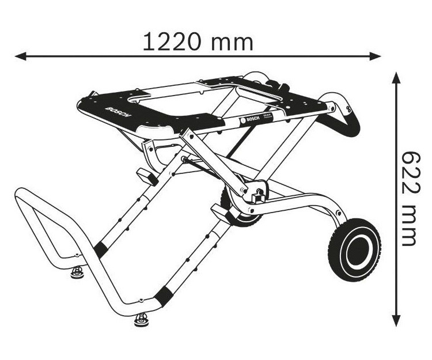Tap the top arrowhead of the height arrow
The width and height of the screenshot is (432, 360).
pos(396,77)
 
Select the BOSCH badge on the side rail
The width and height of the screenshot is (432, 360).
pos(247,120)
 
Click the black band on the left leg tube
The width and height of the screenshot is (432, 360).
pos(101,249)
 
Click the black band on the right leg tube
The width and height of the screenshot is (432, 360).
pos(165,295)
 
